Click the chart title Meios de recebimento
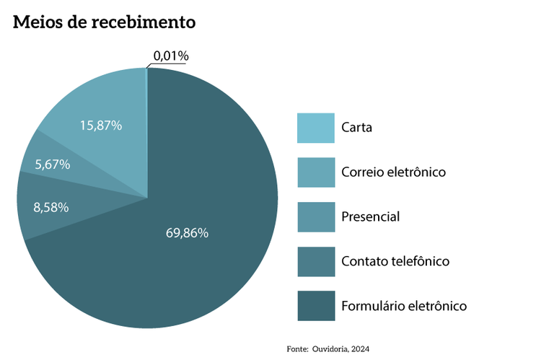105,22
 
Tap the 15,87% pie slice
108,101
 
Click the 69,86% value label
187,232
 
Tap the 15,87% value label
101,125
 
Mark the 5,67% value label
52,164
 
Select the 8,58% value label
51,207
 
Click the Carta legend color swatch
316,128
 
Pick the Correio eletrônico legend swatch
316,172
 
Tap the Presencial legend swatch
316,216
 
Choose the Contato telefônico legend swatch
316,261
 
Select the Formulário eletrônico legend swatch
316,305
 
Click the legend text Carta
357,128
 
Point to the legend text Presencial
370,216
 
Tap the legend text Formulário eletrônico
404,306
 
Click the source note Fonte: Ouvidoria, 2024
328,348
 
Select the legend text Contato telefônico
395,261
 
